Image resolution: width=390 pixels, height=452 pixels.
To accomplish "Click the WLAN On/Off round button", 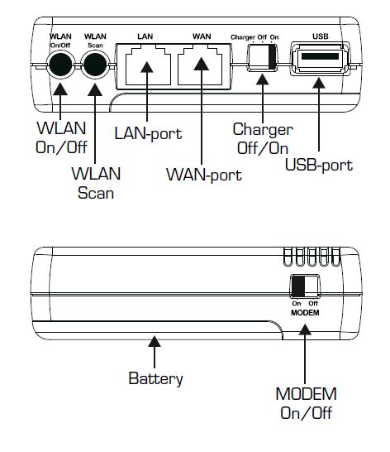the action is click(60, 65).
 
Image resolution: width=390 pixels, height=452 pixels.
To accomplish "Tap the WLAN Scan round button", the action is click(95, 65).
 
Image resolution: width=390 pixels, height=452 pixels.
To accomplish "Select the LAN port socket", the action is click(148, 66).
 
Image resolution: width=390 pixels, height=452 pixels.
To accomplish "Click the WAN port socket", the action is click(200, 66).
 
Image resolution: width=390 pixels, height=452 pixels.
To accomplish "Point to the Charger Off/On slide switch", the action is click(262, 57).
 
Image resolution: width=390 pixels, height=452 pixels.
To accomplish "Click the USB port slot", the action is click(320, 59).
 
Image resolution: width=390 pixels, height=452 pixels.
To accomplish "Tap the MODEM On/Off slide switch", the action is click(305, 286).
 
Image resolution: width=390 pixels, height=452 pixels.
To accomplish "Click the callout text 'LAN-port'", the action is click(149, 134).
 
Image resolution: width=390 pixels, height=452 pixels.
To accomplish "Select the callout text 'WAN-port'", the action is click(204, 176).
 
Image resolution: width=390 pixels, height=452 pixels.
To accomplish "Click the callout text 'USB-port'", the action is click(319, 166).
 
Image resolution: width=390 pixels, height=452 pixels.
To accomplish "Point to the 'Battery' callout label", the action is click(155, 378).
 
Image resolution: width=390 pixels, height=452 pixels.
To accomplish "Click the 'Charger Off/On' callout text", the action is click(263, 138).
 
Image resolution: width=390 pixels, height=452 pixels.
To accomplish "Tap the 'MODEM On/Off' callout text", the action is click(307, 403).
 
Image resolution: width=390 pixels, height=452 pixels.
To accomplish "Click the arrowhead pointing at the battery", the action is click(155, 341).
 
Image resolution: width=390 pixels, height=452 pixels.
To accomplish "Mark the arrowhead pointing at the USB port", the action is click(319, 83).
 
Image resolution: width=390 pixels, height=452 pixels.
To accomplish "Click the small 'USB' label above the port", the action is click(321, 36).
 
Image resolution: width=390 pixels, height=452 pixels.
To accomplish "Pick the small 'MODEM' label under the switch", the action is click(305, 313).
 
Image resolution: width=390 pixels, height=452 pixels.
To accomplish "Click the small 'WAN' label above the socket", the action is click(202, 36).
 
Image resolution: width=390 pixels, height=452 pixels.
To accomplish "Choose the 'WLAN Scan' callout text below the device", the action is click(96, 183).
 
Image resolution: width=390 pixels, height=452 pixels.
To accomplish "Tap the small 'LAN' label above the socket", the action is click(145, 36).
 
